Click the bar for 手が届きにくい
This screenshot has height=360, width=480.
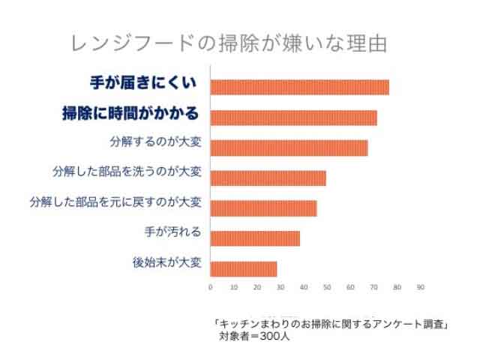tap(300, 87)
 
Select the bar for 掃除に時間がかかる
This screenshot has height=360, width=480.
tap(294, 118)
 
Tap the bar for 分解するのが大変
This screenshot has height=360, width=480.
tap(289, 148)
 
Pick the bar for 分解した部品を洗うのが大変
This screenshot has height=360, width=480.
tap(268, 178)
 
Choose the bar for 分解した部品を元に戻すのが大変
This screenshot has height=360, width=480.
tap(264, 208)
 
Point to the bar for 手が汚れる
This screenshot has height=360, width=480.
tap(256, 238)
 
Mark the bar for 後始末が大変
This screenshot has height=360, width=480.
tap(244, 268)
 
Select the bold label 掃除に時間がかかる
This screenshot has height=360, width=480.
tap(130, 114)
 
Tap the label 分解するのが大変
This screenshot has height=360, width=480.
tap(155, 142)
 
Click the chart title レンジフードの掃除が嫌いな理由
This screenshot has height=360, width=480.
tap(229, 43)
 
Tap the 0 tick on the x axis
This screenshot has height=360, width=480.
tap(211, 287)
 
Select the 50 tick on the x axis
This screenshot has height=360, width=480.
tap(327, 287)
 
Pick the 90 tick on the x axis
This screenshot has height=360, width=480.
tap(420, 287)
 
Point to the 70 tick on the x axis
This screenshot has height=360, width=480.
tap(373, 287)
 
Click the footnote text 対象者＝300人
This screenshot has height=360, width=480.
tap(254, 336)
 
